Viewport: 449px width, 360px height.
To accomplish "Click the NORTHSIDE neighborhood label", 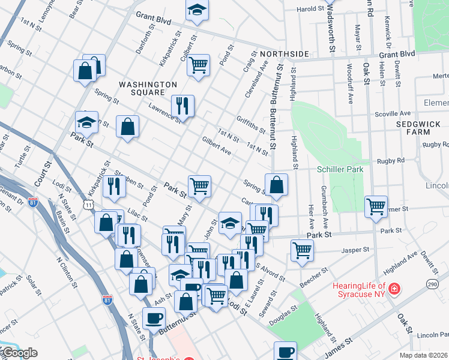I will (267, 52).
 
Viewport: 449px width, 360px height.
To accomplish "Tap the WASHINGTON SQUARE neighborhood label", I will (148, 88).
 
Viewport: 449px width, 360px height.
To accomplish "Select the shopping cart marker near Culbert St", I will (198, 64).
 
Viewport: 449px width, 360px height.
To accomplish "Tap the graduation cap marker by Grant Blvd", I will (197, 10).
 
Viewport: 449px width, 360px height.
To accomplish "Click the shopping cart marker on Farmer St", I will (376, 206).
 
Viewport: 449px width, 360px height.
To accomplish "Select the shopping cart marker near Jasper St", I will (302, 250).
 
